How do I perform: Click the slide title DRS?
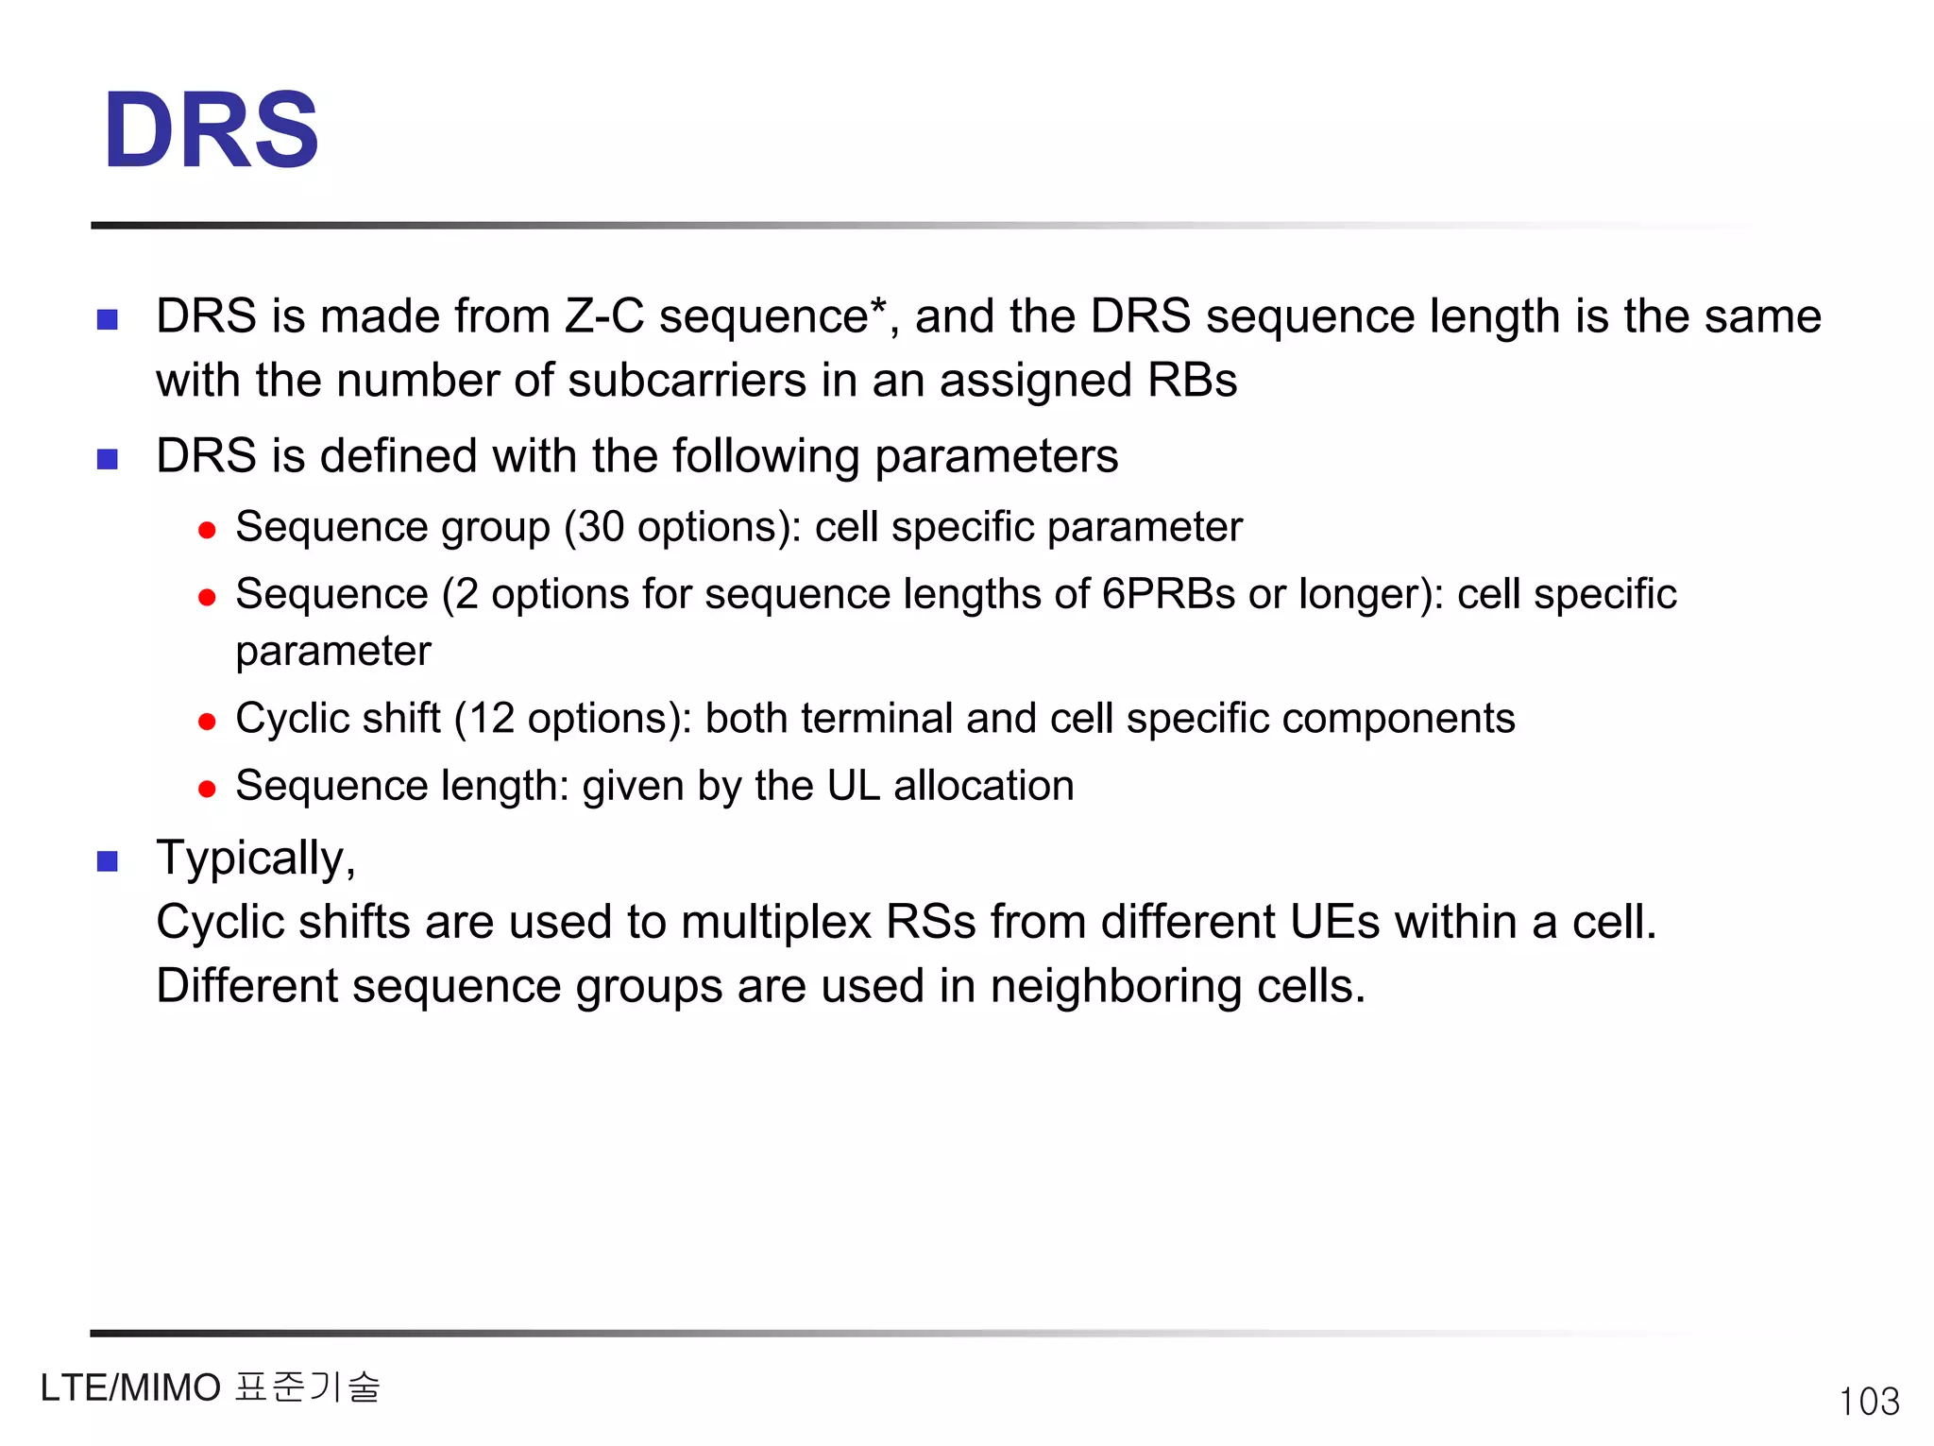212,130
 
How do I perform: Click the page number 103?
1868,1401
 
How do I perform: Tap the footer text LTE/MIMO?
130,1387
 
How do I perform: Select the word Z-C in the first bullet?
604,316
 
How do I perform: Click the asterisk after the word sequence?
878,306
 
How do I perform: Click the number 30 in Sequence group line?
601,527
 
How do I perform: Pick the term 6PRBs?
1168,594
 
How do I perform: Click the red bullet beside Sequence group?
207,530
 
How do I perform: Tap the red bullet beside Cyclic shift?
207,723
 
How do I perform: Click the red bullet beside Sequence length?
207,789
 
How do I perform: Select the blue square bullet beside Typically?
108,860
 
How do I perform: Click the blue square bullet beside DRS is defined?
108,459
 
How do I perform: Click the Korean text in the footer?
307,1387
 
